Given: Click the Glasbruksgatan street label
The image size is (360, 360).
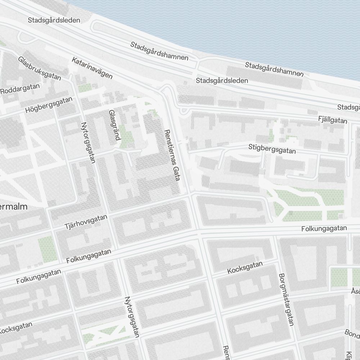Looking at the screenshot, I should click(40, 68).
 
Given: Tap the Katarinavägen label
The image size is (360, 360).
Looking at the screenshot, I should click(92, 68).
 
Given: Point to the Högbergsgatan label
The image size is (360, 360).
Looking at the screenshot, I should click(49, 105).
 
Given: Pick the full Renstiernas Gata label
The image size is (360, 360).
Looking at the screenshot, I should click(171, 155).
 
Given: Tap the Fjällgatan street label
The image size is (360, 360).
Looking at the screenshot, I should click(333, 120).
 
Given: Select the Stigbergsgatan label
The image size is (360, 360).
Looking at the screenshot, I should click(272, 149).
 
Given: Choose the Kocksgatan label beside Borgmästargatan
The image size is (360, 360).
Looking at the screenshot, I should click(245, 267).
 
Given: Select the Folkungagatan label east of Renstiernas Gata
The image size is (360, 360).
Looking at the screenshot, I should click(324, 228).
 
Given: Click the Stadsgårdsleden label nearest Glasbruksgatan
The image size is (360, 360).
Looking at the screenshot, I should click(54, 20).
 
